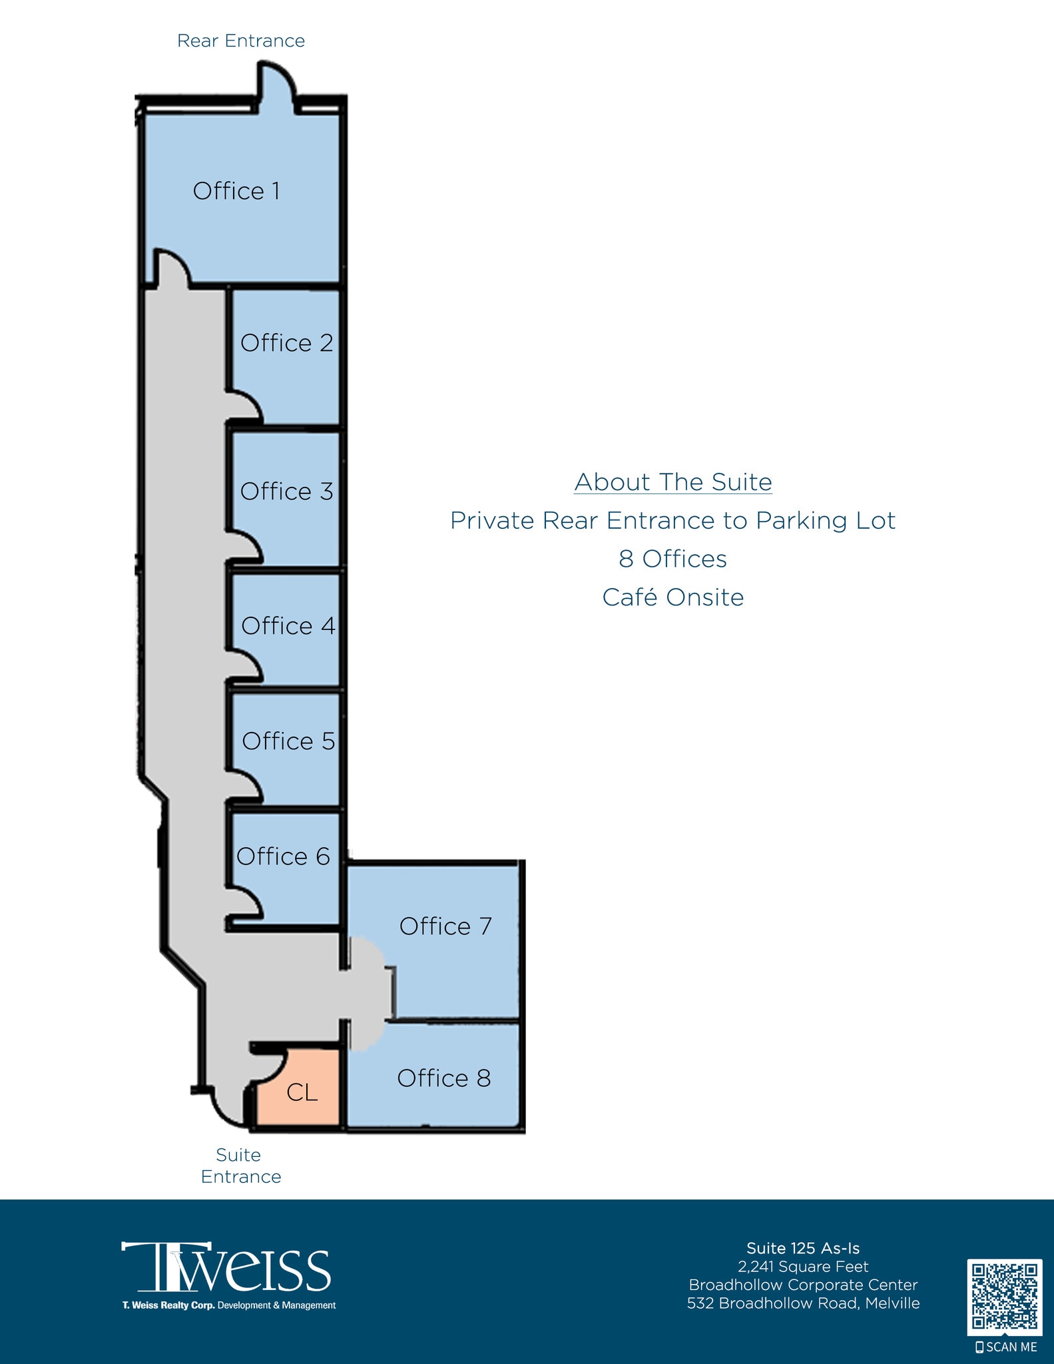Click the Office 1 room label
(x=236, y=191)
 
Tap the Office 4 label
(x=288, y=626)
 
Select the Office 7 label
(x=445, y=926)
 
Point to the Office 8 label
(x=443, y=1078)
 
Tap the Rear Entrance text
(x=240, y=41)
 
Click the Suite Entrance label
(x=240, y=1166)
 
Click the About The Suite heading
(x=672, y=482)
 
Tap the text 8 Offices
(x=672, y=559)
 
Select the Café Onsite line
(x=672, y=597)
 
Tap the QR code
(x=1004, y=1297)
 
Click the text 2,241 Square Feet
(x=803, y=1267)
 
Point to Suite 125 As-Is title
(x=803, y=1248)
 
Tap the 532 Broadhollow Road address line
(x=803, y=1303)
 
